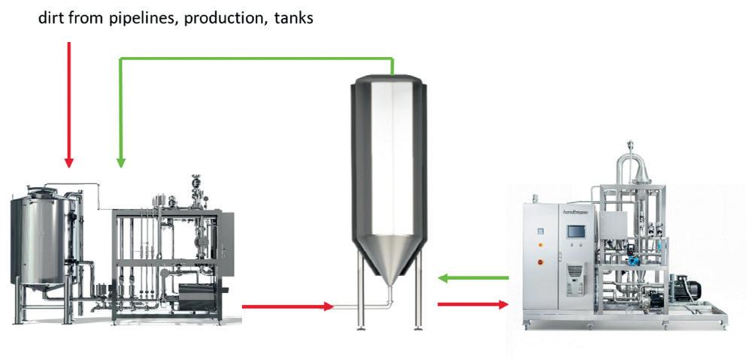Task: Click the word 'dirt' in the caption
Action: [53, 16]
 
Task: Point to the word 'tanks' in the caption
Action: [293, 16]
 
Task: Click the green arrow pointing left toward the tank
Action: [474, 279]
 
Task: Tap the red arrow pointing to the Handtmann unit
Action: [474, 304]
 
